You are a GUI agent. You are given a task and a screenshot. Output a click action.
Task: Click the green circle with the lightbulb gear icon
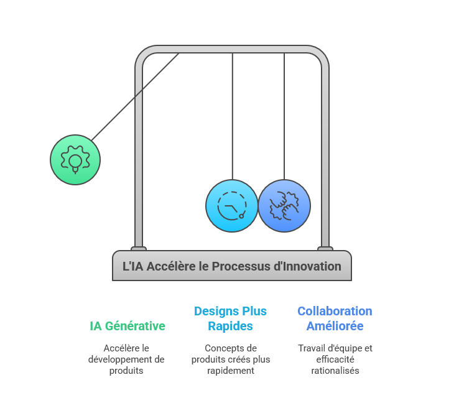(x=75, y=160)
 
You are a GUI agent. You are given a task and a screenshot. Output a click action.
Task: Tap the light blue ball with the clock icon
(x=232, y=206)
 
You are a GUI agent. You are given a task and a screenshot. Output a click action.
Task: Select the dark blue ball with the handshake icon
(x=284, y=206)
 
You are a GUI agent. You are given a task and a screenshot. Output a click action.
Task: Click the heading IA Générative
(x=128, y=326)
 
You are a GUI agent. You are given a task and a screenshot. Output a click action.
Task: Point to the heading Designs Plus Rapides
(x=230, y=318)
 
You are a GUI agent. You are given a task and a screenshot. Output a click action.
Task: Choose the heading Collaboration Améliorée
(x=335, y=318)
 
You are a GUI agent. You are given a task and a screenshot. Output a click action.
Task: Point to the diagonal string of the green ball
(x=136, y=96)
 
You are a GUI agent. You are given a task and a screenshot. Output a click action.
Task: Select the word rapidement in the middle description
(x=231, y=371)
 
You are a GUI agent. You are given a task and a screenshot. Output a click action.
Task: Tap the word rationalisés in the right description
(x=335, y=371)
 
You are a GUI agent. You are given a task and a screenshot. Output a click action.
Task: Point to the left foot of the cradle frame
(x=139, y=249)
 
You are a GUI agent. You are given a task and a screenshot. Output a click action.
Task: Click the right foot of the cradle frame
(x=325, y=249)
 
